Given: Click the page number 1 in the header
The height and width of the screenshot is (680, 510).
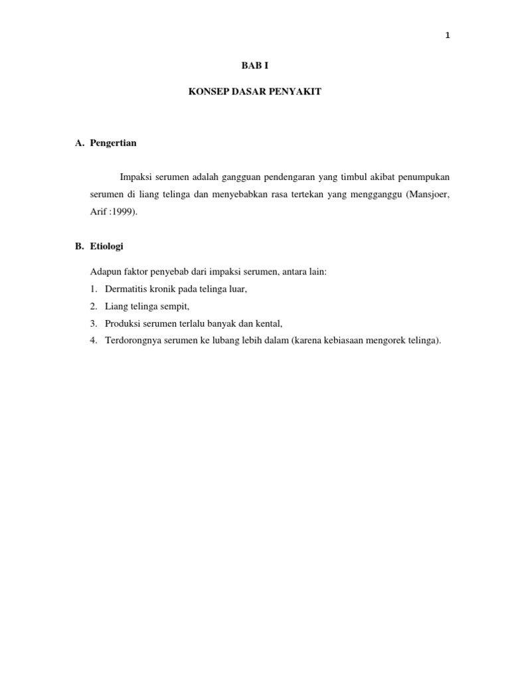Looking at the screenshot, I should click(x=448, y=36).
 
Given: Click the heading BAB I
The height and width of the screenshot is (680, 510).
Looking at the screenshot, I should click(x=254, y=66).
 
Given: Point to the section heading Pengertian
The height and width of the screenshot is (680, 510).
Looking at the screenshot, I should click(x=113, y=143).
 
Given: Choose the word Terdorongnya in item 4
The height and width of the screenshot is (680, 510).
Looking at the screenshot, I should click(x=132, y=341).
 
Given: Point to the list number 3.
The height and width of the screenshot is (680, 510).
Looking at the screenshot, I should click(x=93, y=324).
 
